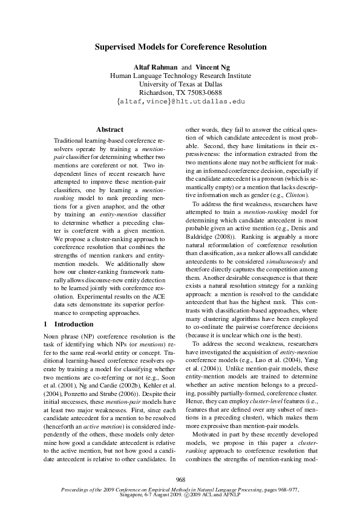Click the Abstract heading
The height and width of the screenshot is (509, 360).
click(x=110, y=129)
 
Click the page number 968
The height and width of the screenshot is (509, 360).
click(x=180, y=479)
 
